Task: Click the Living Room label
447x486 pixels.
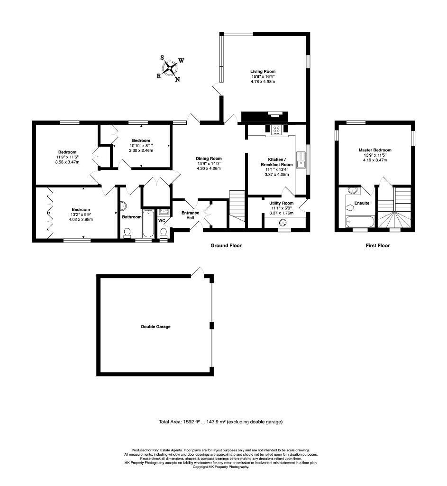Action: (263, 72)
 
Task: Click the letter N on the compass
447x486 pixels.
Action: (178, 80)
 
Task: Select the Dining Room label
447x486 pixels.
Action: (209, 159)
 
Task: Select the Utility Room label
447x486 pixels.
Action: (282, 203)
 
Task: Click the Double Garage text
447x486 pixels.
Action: (155, 327)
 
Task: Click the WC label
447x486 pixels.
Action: (161, 221)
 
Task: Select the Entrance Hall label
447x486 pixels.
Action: (191, 215)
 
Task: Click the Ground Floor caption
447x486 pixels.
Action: (226, 246)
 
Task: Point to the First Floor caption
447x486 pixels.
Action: (377, 246)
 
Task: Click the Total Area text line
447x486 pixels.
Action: (220, 421)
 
